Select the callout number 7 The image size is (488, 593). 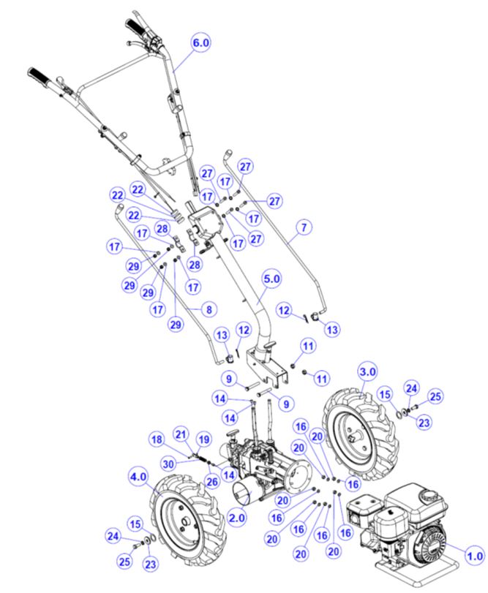[x=302, y=227]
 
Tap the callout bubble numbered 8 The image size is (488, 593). [x=209, y=309]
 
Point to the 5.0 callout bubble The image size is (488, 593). [x=272, y=279]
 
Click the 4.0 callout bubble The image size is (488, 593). [x=139, y=476]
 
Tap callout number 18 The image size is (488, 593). [x=156, y=439]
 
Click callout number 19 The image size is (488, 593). [x=204, y=439]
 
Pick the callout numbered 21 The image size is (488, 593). [x=180, y=434]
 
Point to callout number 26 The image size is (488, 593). [x=212, y=481]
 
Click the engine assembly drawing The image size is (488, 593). [x=399, y=523]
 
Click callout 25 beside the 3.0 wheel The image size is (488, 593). [x=435, y=397]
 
